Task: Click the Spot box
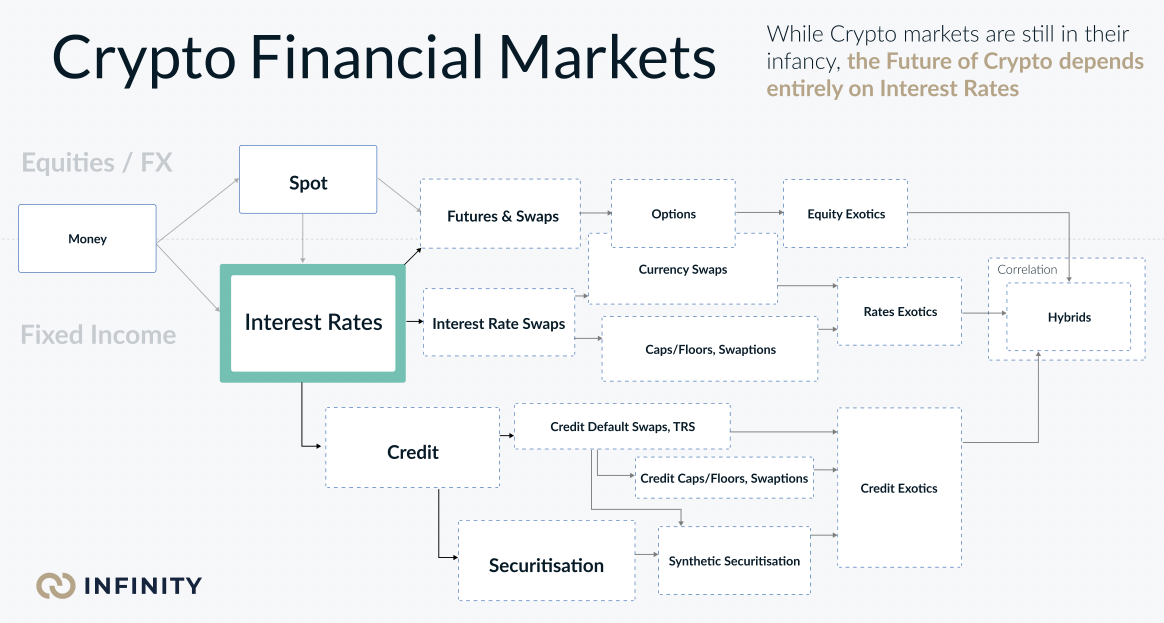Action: point(308,179)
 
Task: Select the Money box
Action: point(87,238)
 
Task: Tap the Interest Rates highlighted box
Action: point(313,323)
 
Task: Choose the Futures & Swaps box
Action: point(500,213)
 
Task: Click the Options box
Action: point(673,213)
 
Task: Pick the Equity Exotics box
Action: point(845,213)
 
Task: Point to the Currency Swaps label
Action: point(683,269)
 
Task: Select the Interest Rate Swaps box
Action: point(499,322)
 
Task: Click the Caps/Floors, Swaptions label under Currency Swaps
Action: point(710,349)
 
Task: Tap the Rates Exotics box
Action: point(899,311)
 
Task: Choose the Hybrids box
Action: point(1069,317)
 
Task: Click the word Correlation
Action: point(1027,269)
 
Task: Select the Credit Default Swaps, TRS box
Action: point(622,426)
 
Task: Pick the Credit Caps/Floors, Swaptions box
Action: point(724,477)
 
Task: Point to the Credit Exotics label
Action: point(899,488)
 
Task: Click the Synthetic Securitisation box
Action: point(734,560)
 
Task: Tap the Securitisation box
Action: point(546,560)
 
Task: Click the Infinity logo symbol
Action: point(56,585)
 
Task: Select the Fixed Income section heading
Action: point(98,334)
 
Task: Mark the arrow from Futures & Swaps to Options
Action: point(596,213)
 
